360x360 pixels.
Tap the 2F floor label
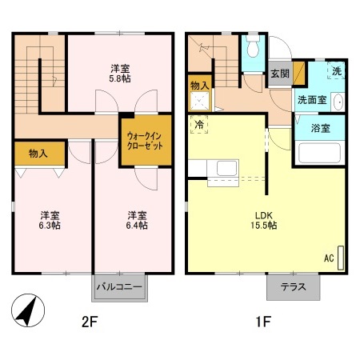pos(90,322)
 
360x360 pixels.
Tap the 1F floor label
pos(263,322)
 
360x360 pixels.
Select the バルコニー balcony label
pos(119,287)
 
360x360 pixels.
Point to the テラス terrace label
pos(293,287)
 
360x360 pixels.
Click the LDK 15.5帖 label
pos(263,220)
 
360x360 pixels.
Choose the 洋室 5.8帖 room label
pos(120,74)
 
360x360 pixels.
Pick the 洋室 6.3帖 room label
pos(50,220)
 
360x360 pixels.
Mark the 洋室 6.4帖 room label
pos(137,220)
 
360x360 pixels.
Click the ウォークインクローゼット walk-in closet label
pos(145,141)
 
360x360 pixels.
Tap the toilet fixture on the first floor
pos(253,46)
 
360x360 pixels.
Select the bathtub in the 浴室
pos(319,153)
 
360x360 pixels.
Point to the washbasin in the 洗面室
pos(338,102)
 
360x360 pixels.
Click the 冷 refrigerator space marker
pos(199,124)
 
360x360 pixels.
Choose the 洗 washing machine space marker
pos(336,70)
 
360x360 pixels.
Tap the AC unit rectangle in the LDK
pos(341,258)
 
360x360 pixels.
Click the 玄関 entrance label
pos(280,74)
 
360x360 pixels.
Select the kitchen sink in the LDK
pos(226,169)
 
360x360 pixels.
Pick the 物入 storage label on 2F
pos(38,154)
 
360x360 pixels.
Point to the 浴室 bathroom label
pos(320,128)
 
